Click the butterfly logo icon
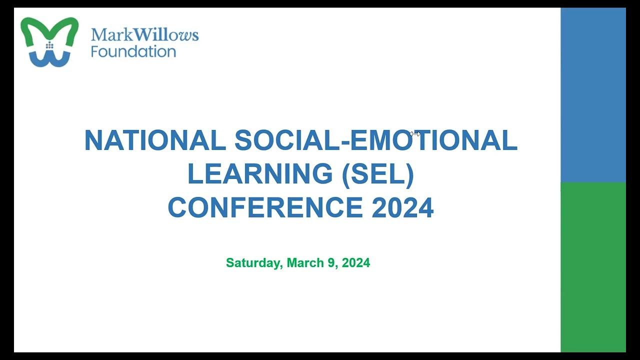[49, 42]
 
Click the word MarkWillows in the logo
[144, 35]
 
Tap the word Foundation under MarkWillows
[133, 51]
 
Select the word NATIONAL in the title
[155, 140]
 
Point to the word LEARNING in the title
[259, 174]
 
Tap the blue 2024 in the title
[402, 207]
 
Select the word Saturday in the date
[253, 263]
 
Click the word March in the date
[305, 263]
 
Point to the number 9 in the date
[331, 263]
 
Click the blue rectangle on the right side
[593, 95]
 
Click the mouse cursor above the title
[414, 134]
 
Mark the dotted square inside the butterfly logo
[49, 45]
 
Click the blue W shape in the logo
[49, 59]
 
